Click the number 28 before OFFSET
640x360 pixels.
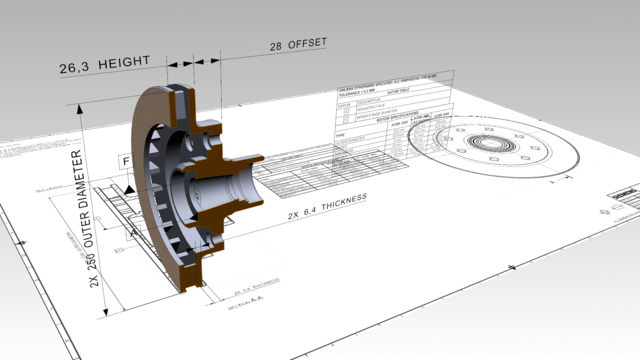278,47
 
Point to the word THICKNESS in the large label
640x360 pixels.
334,200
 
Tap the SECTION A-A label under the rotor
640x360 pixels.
246,302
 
